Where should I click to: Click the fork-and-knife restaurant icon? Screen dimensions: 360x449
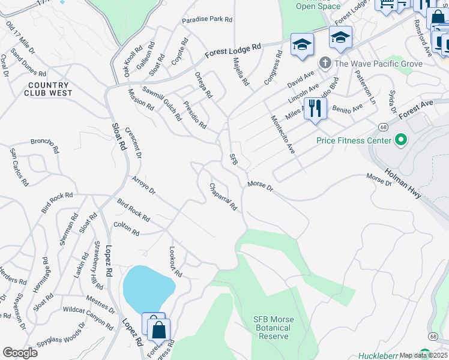(315, 109)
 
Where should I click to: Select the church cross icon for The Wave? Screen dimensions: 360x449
(325, 63)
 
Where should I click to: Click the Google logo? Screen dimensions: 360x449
(20, 352)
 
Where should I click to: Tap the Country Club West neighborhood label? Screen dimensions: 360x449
(49, 89)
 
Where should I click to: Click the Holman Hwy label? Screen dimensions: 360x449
(402, 184)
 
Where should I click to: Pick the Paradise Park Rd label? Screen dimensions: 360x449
(207, 19)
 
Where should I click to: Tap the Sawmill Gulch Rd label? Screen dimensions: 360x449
(161, 103)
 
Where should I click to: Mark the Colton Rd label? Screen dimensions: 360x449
(126, 229)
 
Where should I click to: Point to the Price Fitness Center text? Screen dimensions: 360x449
(354, 141)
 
